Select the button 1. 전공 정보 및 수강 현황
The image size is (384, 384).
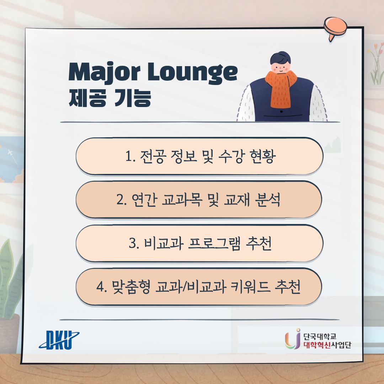199,156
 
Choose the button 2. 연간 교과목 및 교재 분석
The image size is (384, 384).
199,199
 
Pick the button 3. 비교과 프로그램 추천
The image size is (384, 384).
199,243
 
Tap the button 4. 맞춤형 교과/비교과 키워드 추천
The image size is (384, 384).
199,287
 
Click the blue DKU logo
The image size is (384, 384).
59,340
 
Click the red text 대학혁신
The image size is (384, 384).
317,345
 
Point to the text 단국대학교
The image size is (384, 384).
320,336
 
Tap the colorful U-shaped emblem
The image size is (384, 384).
293,339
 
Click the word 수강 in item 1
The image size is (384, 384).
230,156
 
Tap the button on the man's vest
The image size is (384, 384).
281,112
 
